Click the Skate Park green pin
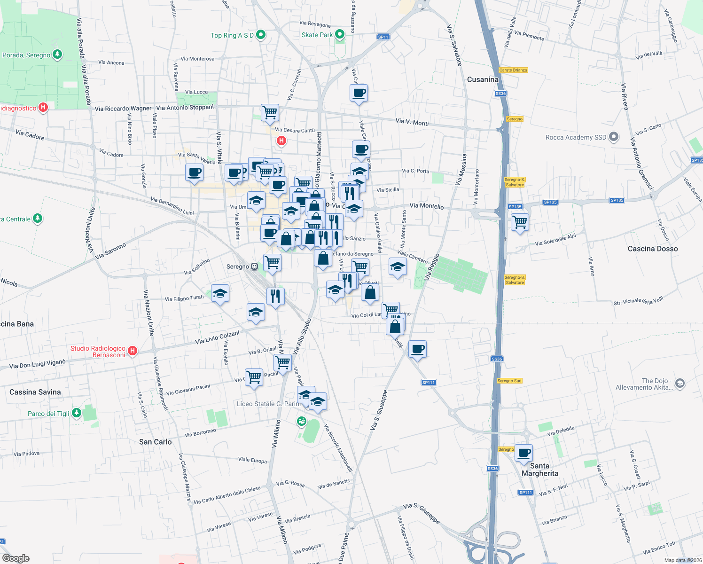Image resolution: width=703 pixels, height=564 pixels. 340,34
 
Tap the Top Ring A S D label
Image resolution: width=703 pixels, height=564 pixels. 232,35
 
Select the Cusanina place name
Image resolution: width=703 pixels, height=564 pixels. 483,79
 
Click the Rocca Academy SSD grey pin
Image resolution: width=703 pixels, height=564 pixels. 614,137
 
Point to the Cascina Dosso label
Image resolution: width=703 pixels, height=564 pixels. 653,249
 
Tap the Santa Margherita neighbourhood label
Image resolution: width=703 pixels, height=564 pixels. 540,470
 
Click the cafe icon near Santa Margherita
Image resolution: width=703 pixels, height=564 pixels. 523,454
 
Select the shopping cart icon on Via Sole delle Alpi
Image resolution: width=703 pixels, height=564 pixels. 520,222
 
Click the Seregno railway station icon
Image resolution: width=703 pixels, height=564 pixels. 254,266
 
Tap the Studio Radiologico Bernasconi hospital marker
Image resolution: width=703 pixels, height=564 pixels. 133,351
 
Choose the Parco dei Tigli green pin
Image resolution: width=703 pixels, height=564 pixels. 77,413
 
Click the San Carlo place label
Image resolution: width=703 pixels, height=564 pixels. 155,442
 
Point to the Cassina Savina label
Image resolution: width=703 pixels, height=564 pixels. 35,392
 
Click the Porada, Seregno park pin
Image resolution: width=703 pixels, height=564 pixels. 57,55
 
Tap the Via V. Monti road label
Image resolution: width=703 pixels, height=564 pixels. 412,122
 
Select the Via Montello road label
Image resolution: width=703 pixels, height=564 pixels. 426,206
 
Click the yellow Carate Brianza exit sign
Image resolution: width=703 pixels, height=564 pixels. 513,70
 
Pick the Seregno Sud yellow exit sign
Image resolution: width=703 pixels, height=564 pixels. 509,381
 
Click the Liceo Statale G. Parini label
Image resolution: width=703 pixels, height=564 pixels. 268,404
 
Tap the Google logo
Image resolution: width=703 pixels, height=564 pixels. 16,558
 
